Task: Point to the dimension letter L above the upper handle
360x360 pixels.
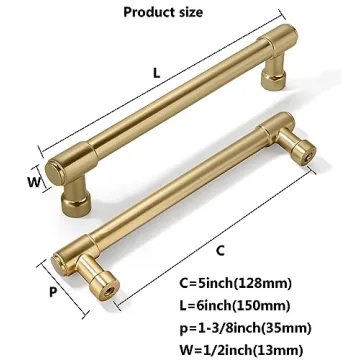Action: [x=159, y=73]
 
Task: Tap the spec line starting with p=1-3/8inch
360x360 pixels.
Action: [x=265, y=327]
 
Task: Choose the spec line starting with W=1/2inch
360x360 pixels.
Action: [x=263, y=347]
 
